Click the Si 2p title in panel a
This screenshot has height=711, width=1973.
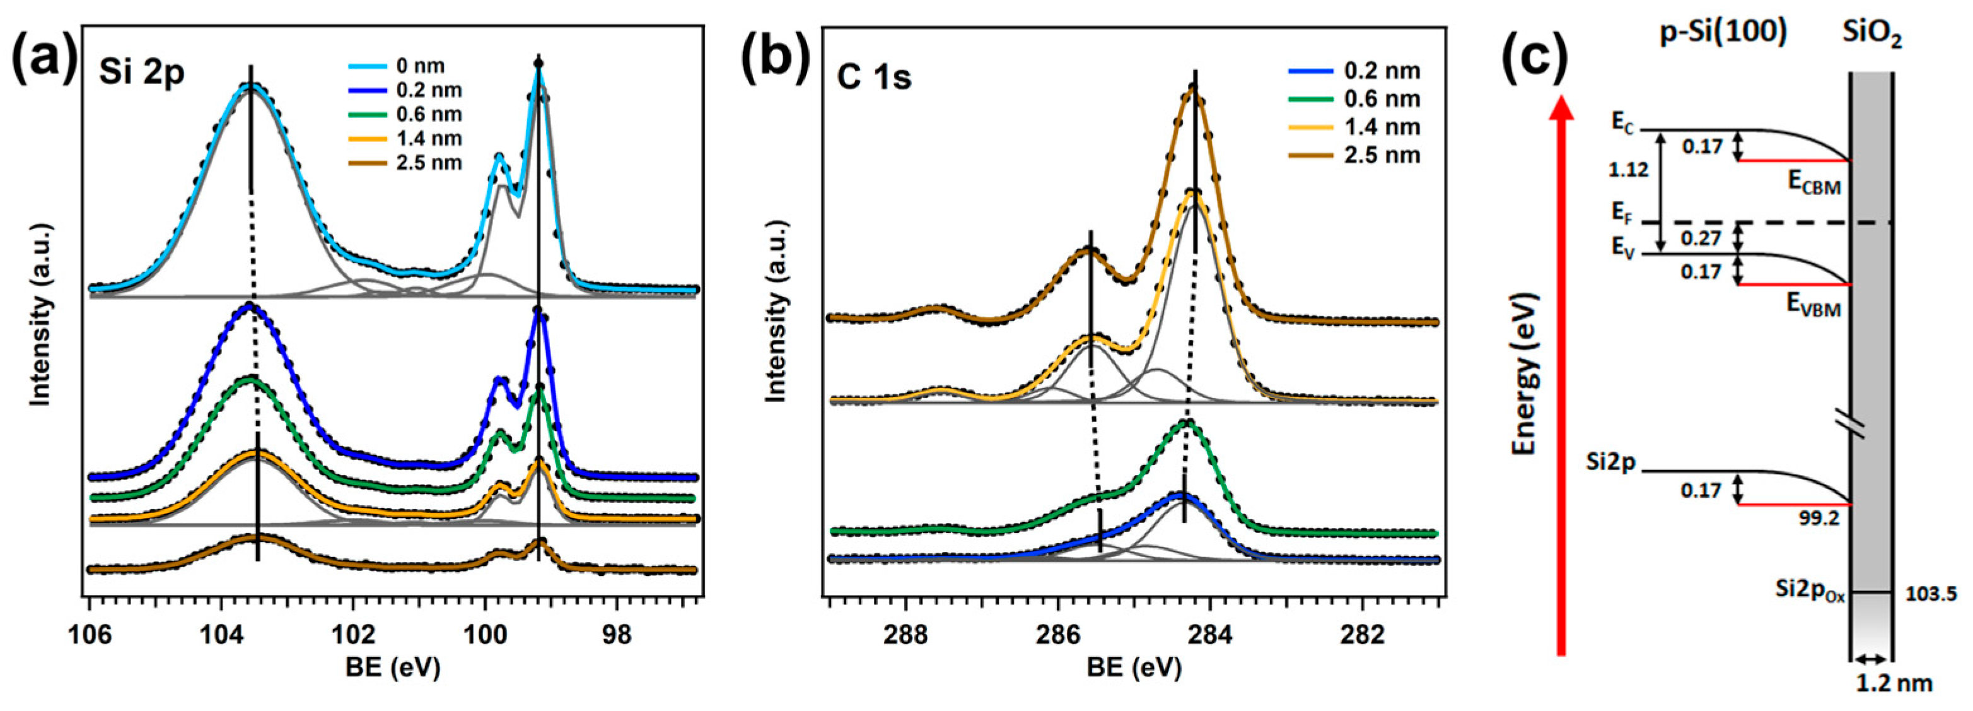141,75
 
